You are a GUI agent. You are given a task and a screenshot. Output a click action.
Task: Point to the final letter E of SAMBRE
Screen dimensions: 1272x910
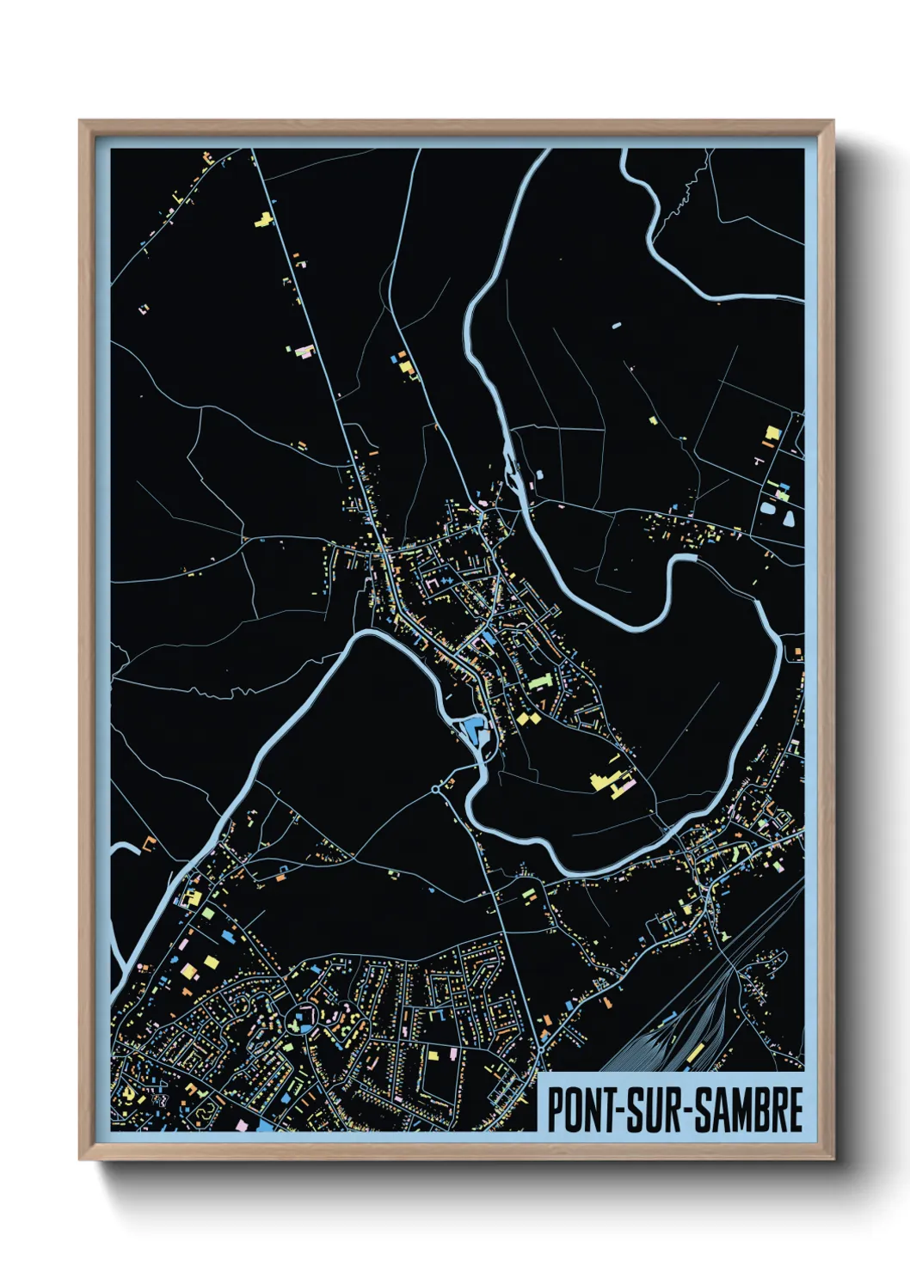(x=796, y=1110)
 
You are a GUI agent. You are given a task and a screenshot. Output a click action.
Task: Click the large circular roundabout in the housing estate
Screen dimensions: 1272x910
(x=304, y=1015)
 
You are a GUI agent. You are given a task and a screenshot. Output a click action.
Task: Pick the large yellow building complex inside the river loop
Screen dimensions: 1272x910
(x=606, y=780)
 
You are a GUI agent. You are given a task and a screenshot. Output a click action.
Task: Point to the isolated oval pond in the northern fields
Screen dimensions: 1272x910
(x=615, y=327)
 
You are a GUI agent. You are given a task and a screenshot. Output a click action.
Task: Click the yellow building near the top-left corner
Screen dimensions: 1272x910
(x=263, y=220)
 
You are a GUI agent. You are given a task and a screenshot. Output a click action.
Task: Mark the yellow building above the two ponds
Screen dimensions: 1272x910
(x=772, y=435)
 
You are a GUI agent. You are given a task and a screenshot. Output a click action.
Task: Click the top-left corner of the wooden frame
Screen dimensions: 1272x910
(x=80, y=121)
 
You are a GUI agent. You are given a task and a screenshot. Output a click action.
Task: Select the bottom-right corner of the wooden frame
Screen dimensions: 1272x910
(x=833, y=1160)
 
